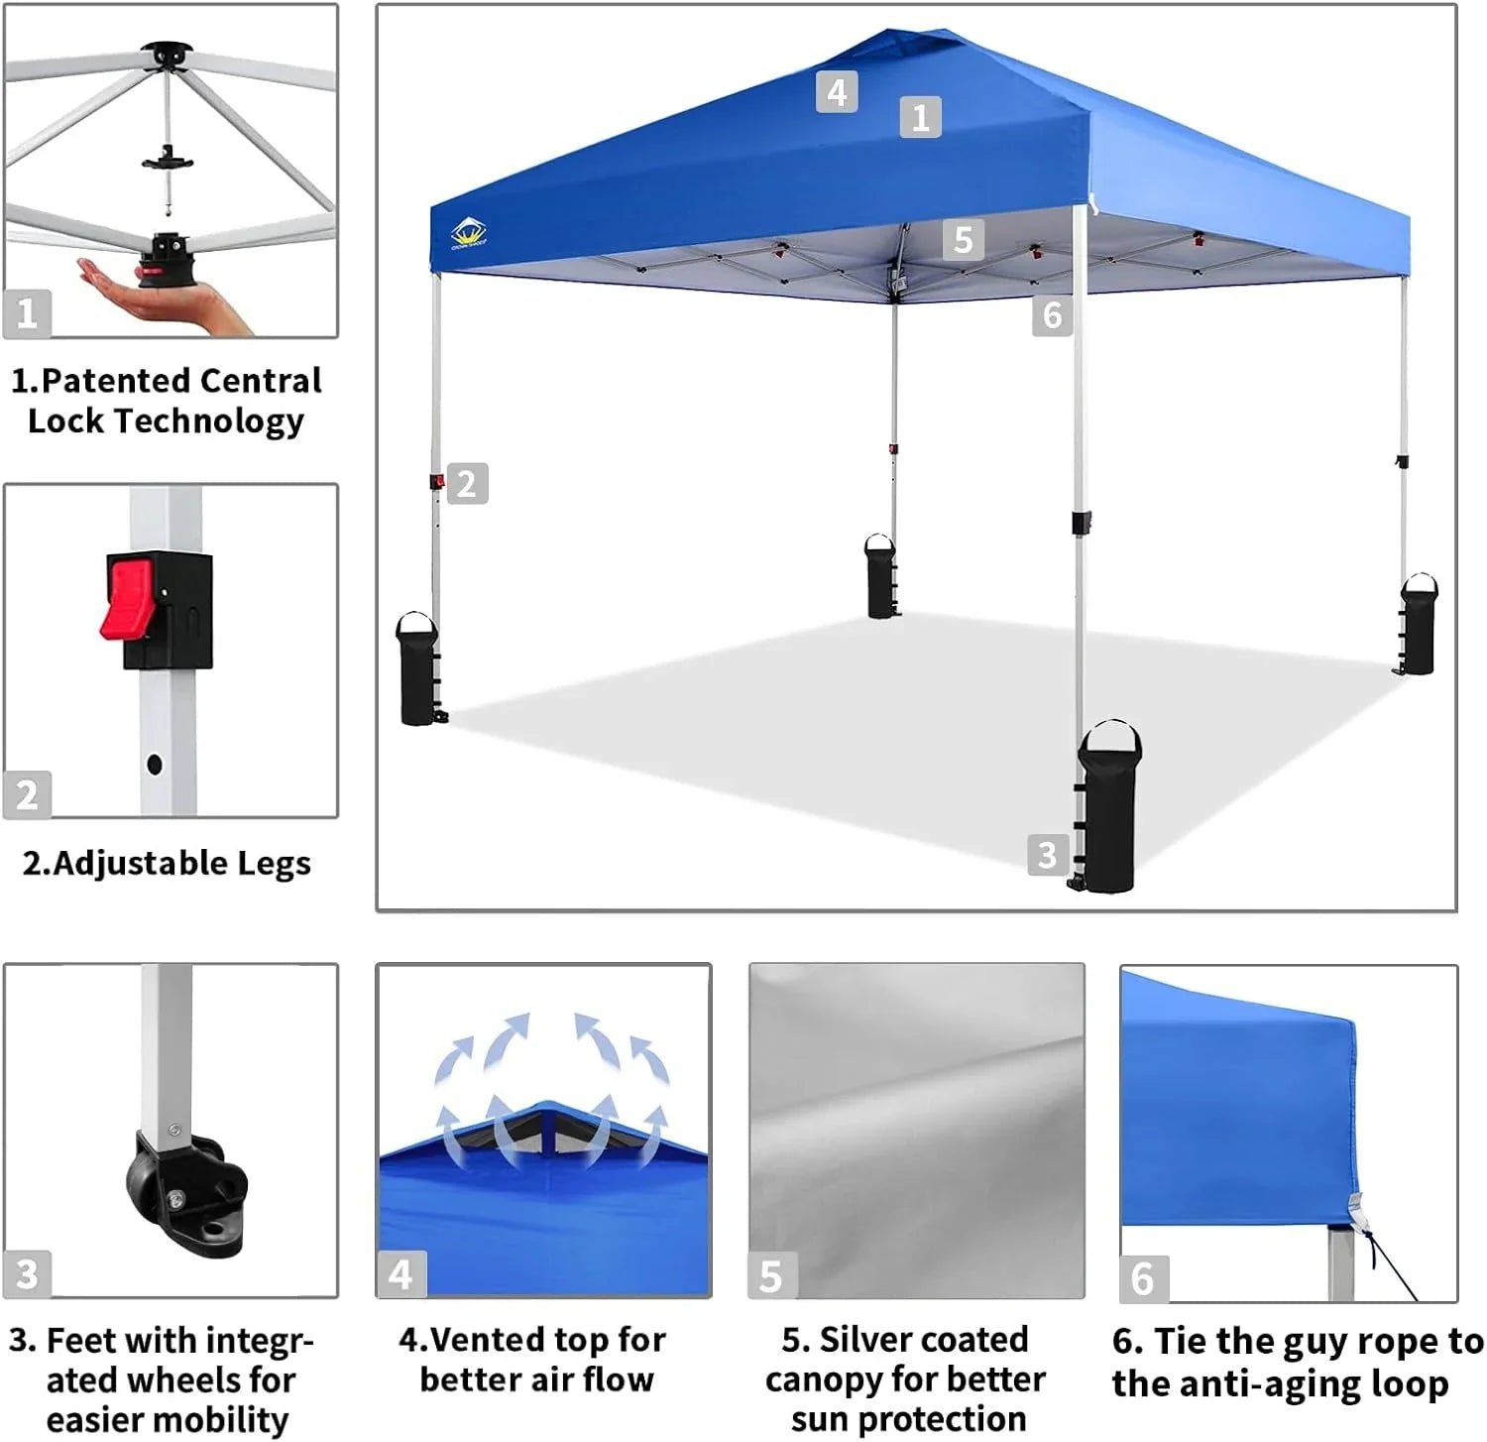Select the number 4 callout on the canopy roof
click(837, 92)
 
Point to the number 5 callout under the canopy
click(963, 240)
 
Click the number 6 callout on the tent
click(1052, 316)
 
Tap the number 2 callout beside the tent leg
click(467, 484)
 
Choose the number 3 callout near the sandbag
click(1047, 855)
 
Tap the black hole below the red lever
click(154, 764)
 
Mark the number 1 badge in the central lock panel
click(27, 313)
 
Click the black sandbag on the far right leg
click(1418, 627)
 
